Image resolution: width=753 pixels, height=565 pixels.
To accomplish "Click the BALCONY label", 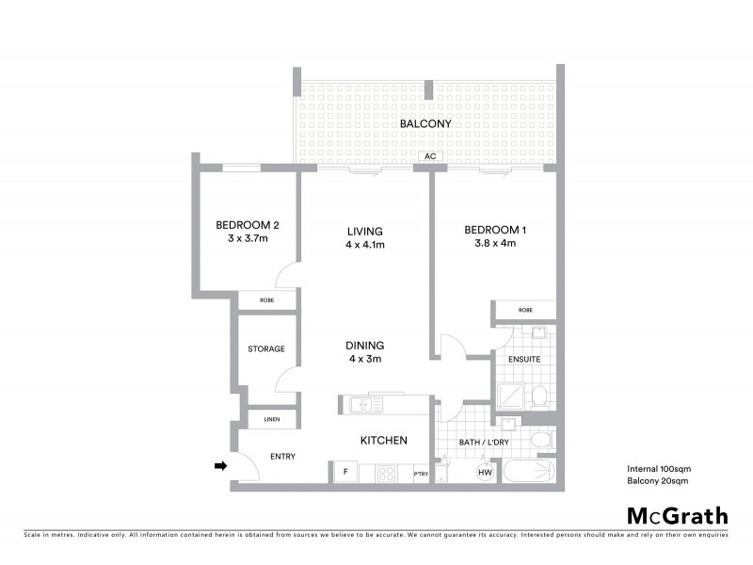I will coord(425,123).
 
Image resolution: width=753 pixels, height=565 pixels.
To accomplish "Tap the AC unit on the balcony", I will coord(428,156).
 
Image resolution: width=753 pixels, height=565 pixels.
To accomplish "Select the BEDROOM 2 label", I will coord(247,224).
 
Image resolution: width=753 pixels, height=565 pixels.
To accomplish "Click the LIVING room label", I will coord(364,231).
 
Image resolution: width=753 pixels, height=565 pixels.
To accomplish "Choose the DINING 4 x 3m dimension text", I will coord(365,358).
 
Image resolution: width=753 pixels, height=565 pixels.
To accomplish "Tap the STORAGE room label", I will coord(265,349).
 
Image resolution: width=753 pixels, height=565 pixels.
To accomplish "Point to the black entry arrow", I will coord(221,465).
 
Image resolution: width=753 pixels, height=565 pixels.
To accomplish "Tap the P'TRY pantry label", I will coord(420,475).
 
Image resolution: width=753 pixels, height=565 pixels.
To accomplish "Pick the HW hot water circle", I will coord(486,472).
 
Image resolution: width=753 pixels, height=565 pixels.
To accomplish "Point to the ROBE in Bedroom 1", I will coord(524,310).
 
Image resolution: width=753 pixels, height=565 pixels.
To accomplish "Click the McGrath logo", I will coord(678,515).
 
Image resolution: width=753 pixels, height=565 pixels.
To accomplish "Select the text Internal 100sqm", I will coord(658,468).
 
